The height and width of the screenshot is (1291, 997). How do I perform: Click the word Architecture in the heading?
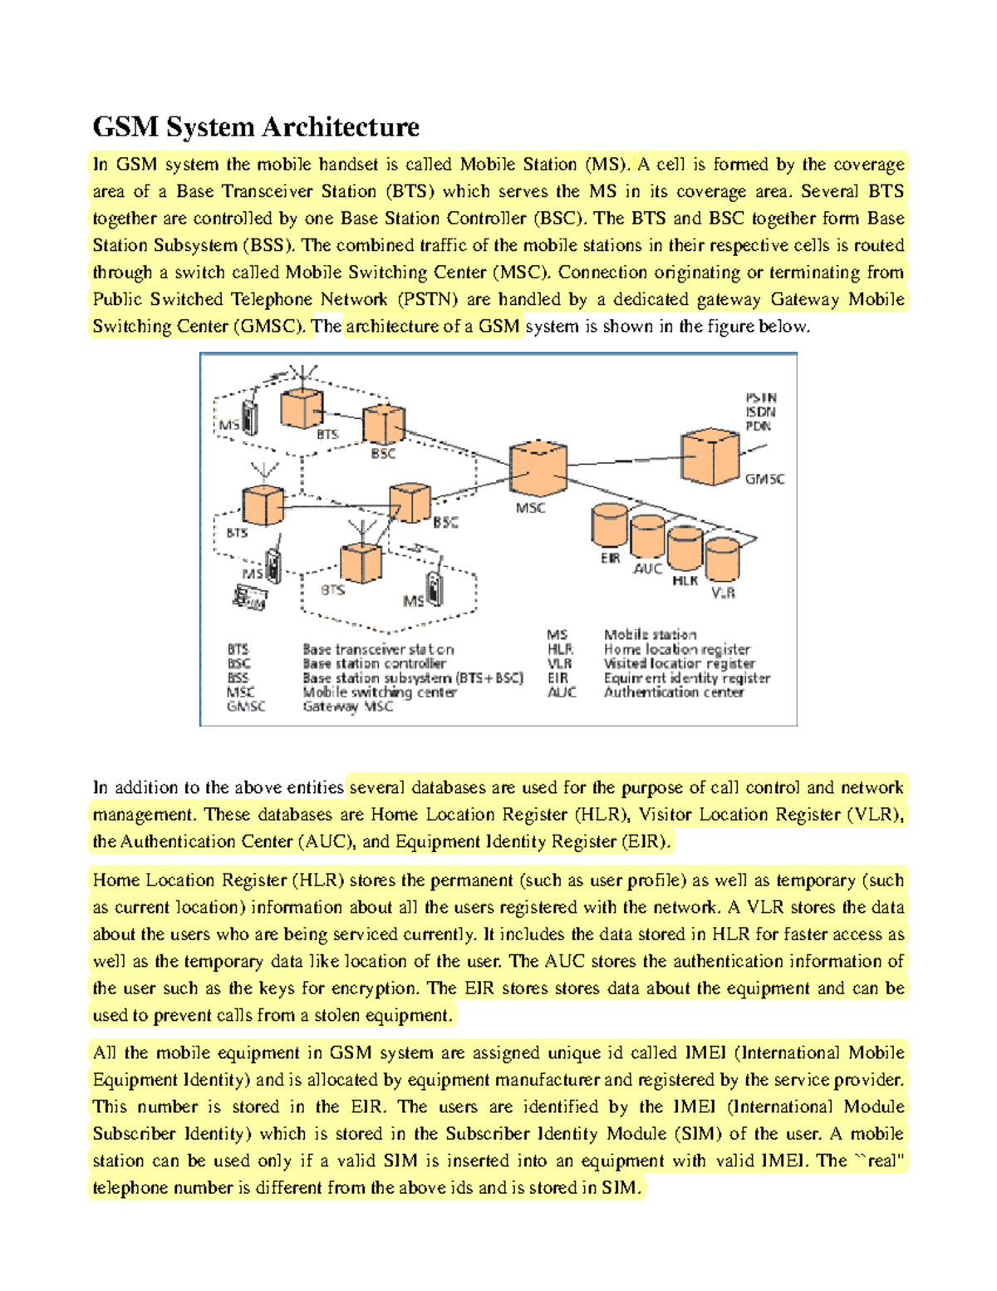coord(341,127)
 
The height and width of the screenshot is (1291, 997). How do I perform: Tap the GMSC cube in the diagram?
coord(710,456)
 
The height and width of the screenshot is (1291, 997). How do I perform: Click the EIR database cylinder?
coord(609,526)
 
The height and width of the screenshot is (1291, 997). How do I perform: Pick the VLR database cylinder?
coord(722,559)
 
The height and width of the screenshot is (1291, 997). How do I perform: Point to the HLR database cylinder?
coord(685,549)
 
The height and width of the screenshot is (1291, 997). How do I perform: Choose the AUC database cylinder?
coord(647,537)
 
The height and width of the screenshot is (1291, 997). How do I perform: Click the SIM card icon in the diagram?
coord(249,598)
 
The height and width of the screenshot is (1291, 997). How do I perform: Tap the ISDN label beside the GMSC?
coord(760,412)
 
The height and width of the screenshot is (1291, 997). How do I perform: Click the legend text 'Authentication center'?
coord(673,692)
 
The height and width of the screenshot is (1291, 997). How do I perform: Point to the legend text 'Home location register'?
coord(676,649)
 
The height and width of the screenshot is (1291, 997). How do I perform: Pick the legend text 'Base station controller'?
coord(374,663)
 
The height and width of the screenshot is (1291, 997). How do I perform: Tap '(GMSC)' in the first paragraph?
coord(269,327)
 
